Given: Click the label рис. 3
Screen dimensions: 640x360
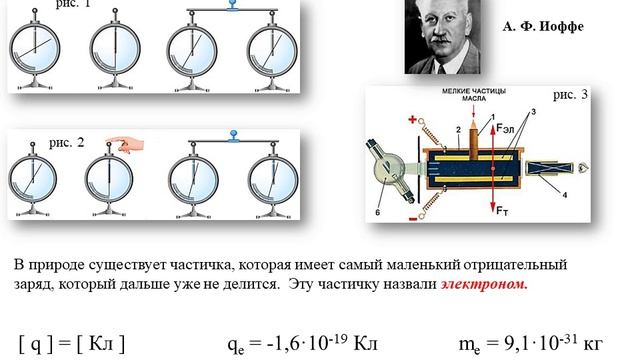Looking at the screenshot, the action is [571, 95].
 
